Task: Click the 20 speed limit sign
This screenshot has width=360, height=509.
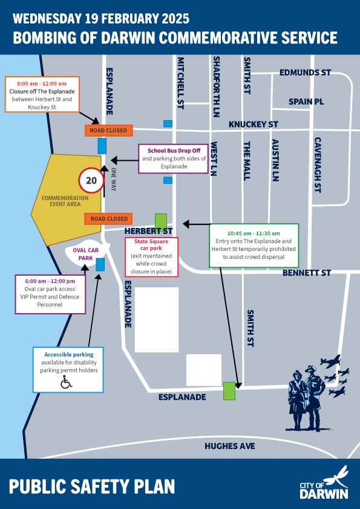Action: tap(91, 180)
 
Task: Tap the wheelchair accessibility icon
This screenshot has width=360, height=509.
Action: tap(67, 382)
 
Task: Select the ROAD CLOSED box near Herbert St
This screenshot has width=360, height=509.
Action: tap(109, 218)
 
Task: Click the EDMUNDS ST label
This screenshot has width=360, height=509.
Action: tap(305, 73)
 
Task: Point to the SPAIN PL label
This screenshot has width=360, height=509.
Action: tap(306, 102)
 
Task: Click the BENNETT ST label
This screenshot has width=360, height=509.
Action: tap(307, 273)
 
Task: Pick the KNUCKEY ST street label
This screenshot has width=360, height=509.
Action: tap(253, 125)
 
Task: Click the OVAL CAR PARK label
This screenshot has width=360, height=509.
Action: tap(81, 254)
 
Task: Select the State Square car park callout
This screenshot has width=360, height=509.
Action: tap(151, 257)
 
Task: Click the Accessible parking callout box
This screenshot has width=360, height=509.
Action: tap(68, 369)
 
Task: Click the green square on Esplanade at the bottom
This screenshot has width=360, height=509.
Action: tap(229, 391)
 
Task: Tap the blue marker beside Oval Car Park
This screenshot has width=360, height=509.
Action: tap(100, 264)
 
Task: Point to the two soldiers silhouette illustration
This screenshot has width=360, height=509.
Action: tap(308, 399)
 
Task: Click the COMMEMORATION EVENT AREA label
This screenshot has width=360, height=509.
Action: tap(65, 201)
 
